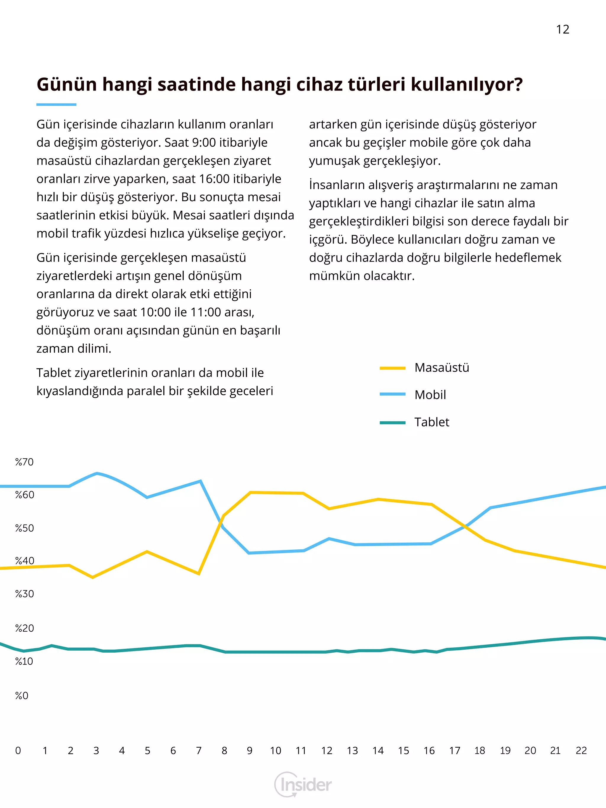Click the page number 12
coord(563,29)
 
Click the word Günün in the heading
coord(67,84)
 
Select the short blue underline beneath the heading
coord(56,104)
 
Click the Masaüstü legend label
coord(441,367)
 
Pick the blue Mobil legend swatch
coord(393,394)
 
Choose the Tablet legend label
coord(432,422)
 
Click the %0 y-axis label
coord(22,696)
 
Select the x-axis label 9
coord(249,751)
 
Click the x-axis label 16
coord(429,751)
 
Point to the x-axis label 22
coord(581,751)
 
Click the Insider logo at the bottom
coord(303,784)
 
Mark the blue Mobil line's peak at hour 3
coord(97,473)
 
